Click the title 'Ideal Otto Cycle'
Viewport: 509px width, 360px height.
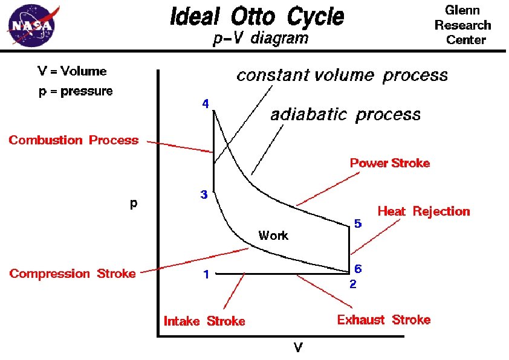tap(257, 16)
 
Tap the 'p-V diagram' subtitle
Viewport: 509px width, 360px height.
tap(261, 39)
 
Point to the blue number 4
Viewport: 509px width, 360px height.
tap(206, 104)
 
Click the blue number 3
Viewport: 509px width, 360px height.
tap(204, 195)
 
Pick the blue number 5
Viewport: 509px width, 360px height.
tap(358, 223)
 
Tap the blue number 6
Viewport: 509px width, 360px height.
tap(358, 268)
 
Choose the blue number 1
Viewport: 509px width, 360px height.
tap(206, 275)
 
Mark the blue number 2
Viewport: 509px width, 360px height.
tap(353, 283)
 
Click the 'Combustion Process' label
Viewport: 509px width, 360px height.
tap(73, 140)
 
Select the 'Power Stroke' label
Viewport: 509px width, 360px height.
tap(390, 163)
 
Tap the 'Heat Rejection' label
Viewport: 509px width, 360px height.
tap(423, 211)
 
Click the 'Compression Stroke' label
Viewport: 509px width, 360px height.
tap(73, 274)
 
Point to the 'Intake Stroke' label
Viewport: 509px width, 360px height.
tap(204, 321)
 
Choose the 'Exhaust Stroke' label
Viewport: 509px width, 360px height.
tap(384, 320)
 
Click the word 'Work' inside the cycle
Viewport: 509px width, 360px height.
tap(273, 236)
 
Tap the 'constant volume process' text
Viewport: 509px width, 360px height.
tap(342, 76)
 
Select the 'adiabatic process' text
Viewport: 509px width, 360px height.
tap(345, 114)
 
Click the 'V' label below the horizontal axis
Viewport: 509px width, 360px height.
tap(298, 347)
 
